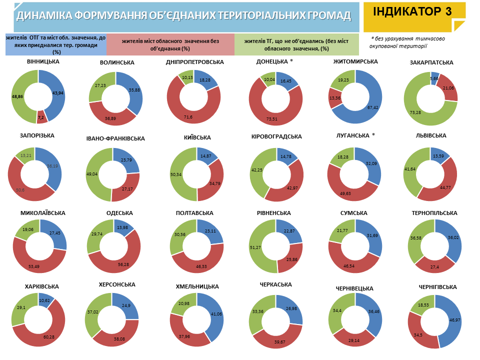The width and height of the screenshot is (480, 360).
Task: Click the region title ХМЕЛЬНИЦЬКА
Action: pyautogui.click(x=197, y=286)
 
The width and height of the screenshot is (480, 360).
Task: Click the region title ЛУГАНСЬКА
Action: pyautogui.click(x=352, y=135)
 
